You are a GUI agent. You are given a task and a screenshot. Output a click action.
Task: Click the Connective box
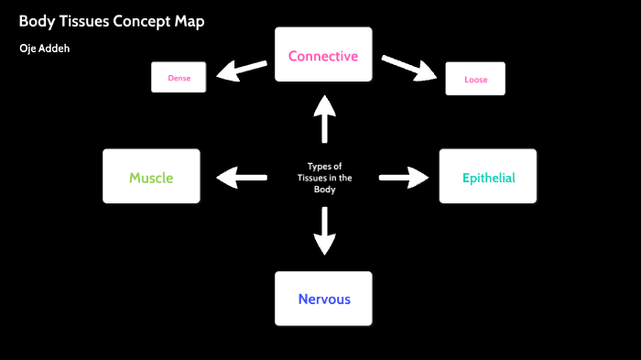323,56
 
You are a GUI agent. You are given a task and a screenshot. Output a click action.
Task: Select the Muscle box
151,177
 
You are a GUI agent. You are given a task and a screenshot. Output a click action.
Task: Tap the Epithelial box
488,177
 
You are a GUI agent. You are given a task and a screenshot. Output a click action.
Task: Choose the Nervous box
323,299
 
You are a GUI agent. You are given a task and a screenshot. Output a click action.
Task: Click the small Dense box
179,78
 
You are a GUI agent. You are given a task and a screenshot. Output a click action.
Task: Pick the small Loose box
475,80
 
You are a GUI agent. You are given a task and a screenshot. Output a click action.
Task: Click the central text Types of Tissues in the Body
324,178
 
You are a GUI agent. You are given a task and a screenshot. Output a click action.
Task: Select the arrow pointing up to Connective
324,118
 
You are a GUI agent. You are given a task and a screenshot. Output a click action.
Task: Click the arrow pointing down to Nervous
324,231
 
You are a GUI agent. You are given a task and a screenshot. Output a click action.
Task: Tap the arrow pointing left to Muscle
241,177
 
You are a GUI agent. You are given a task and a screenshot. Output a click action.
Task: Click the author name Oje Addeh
44,48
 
